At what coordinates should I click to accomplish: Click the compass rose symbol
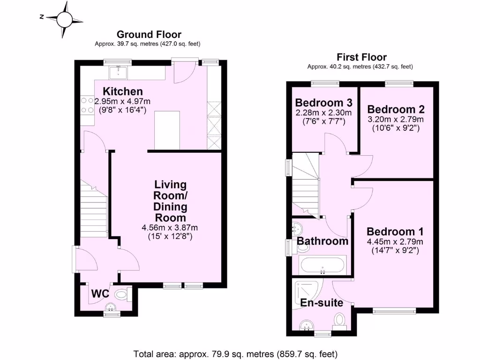pyautogui.click(x=64, y=19)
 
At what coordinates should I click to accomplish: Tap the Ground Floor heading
pyautogui.click(x=149, y=34)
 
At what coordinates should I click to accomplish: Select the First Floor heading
pyautogui.click(x=361, y=57)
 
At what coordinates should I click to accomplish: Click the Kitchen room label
pyautogui.click(x=123, y=91)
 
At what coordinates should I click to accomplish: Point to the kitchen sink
pyautogui.click(x=118, y=73)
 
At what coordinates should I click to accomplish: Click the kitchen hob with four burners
pyautogui.click(x=87, y=105)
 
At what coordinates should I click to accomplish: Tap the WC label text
pyautogui.click(x=100, y=294)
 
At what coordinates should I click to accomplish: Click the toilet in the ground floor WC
pyautogui.click(x=122, y=295)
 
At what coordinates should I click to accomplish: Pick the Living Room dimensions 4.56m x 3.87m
pyautogui.click(x=170, y=228)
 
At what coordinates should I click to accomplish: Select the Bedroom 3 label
pyautogui.click(x=323, y=103)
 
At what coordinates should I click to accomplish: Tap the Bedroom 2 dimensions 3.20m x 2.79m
pyautogui.click(x=396, y=119)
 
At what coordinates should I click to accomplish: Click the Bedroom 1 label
pyautogui.click(x=395, y=232)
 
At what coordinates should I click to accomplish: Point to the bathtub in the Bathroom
pyautogui.click(x=322, y=266)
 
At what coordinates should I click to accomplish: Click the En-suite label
pyautogui.click(x=322, y=303)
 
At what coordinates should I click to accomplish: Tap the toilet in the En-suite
pyautogui.click(x=340, y=321)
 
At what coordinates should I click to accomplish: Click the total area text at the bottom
pyautogui.click(x=235, y=354)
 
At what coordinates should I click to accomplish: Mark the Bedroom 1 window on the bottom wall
pyautogui.click(x=394, y=310)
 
